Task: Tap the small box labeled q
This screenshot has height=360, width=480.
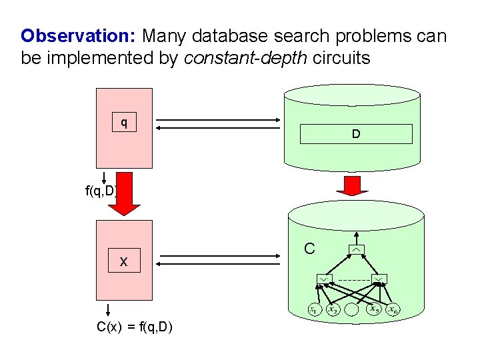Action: pyautogui.click(x=124, y=123)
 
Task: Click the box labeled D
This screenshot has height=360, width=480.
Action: pyautogui.click(x=356, y=134)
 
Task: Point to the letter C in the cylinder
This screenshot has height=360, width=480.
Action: pyautogui.click(x=309, y=249)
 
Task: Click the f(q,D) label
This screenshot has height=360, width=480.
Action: pyautogui.click(x=101, y=192)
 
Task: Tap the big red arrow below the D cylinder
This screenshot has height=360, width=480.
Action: pyautogui.click(x=353, y=186)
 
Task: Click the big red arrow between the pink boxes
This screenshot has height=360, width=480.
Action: pyautogui.click(x=120, y=194)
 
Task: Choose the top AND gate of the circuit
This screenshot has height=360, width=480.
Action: pyautogui.click(x=357, y=250)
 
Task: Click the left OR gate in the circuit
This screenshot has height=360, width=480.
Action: pyautogui.click(x=324, y=278)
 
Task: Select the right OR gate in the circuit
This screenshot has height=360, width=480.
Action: pyautogui.click(x=379, y=278)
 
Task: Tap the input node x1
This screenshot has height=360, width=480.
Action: pyautogui.click(x=313, y=309)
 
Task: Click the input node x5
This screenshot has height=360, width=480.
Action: pyautogui.click(x=375, y=309)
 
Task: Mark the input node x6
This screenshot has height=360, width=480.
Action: pyautogui.click(x=395, y=309)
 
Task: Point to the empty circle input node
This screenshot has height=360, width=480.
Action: pyautogui.click(x=354, y=311)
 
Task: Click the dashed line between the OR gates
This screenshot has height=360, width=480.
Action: pyautogui.click(x=351, y=279)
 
